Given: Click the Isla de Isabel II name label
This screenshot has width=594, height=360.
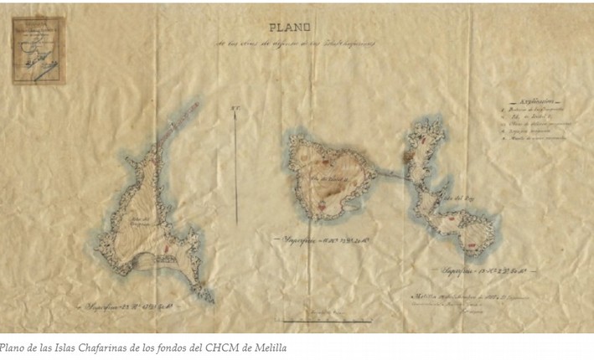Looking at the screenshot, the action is point(322,177).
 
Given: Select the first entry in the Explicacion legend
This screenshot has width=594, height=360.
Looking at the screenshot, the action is point(524,108).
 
